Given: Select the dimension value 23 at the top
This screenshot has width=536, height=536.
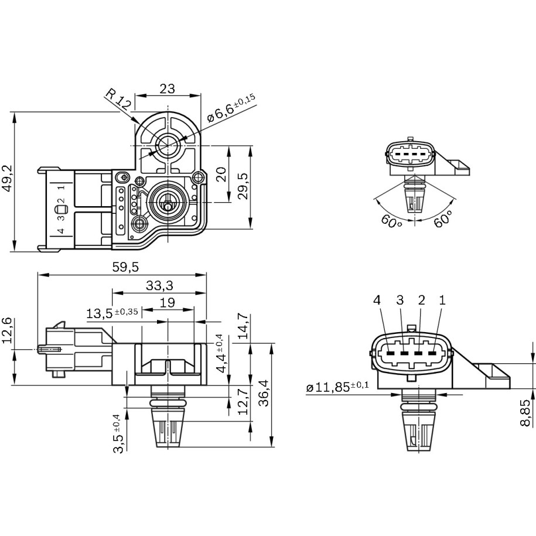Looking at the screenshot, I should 167,88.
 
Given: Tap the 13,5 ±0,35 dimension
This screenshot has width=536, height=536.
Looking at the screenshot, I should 111,313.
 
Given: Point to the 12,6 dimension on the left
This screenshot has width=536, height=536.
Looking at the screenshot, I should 7,332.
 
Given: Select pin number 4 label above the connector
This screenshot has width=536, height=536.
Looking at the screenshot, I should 377,301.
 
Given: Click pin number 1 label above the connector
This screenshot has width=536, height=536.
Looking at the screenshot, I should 442,301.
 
